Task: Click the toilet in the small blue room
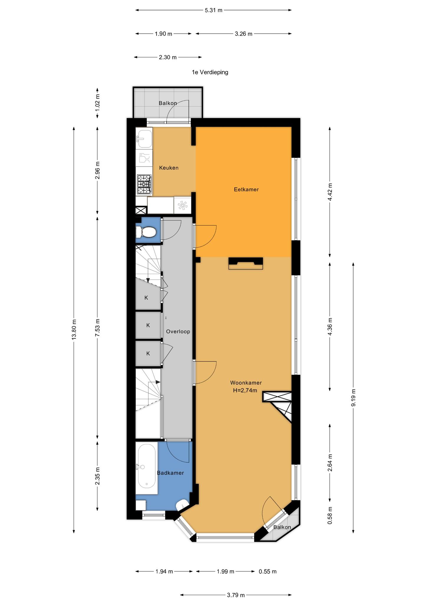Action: click(x=146, y=232)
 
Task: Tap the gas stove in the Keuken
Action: click(x=144, y=185)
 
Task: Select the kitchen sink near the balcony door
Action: click(x=144, y=139)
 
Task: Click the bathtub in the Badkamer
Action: click(x=147, y=467)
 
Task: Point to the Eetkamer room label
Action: click(x=246, y=189)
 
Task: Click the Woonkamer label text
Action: click(x=246, y=383)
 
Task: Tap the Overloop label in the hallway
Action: click(x=178, y=331)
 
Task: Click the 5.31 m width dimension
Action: click(x=213, y=10)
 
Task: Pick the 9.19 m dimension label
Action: click(x=353, y=397)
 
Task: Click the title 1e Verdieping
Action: click(x=210, y=72)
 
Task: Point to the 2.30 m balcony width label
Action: click(x=167, y=57)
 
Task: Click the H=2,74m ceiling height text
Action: click(x=245, y=390)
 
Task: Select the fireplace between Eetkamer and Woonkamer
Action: click(x=246, y=263)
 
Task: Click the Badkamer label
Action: click(x=170, y=473)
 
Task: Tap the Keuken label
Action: click(x=169, y=168)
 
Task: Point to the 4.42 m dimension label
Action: click(x=330, y=192)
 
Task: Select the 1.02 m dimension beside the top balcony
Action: click(x=98, y=103)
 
